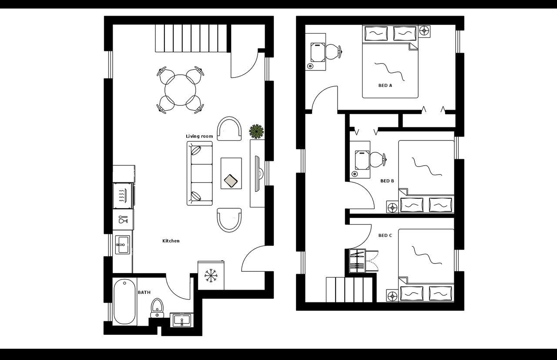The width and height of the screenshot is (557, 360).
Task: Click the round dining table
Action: coord(180,90)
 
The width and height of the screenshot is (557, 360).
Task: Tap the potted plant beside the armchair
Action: coord(256,131)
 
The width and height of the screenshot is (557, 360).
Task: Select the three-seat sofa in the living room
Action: coord(200,173)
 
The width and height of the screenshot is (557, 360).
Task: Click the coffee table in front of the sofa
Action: coord(231,173)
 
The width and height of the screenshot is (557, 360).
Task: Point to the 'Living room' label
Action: coord(199,137)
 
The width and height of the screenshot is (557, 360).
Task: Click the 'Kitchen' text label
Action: coord(171,241)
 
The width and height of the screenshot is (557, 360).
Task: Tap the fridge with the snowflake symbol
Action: coord(211,275)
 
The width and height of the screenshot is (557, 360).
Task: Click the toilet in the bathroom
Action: coord(157,306)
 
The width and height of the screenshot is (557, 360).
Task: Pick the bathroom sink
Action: coord(181,320)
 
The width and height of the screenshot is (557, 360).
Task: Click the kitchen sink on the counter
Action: coord(123,245)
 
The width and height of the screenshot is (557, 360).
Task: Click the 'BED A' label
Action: coord(385,86)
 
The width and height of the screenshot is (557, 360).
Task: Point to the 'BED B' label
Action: coord(387,181)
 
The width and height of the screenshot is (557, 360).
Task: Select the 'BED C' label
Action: coord(385,236)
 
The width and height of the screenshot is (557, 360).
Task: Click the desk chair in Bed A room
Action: coord(334,52)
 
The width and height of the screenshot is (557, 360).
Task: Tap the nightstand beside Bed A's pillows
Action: coord(424,31)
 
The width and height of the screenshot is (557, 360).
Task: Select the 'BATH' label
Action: coord(144,293)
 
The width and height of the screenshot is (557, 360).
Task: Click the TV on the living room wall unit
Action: coord(257,173)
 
